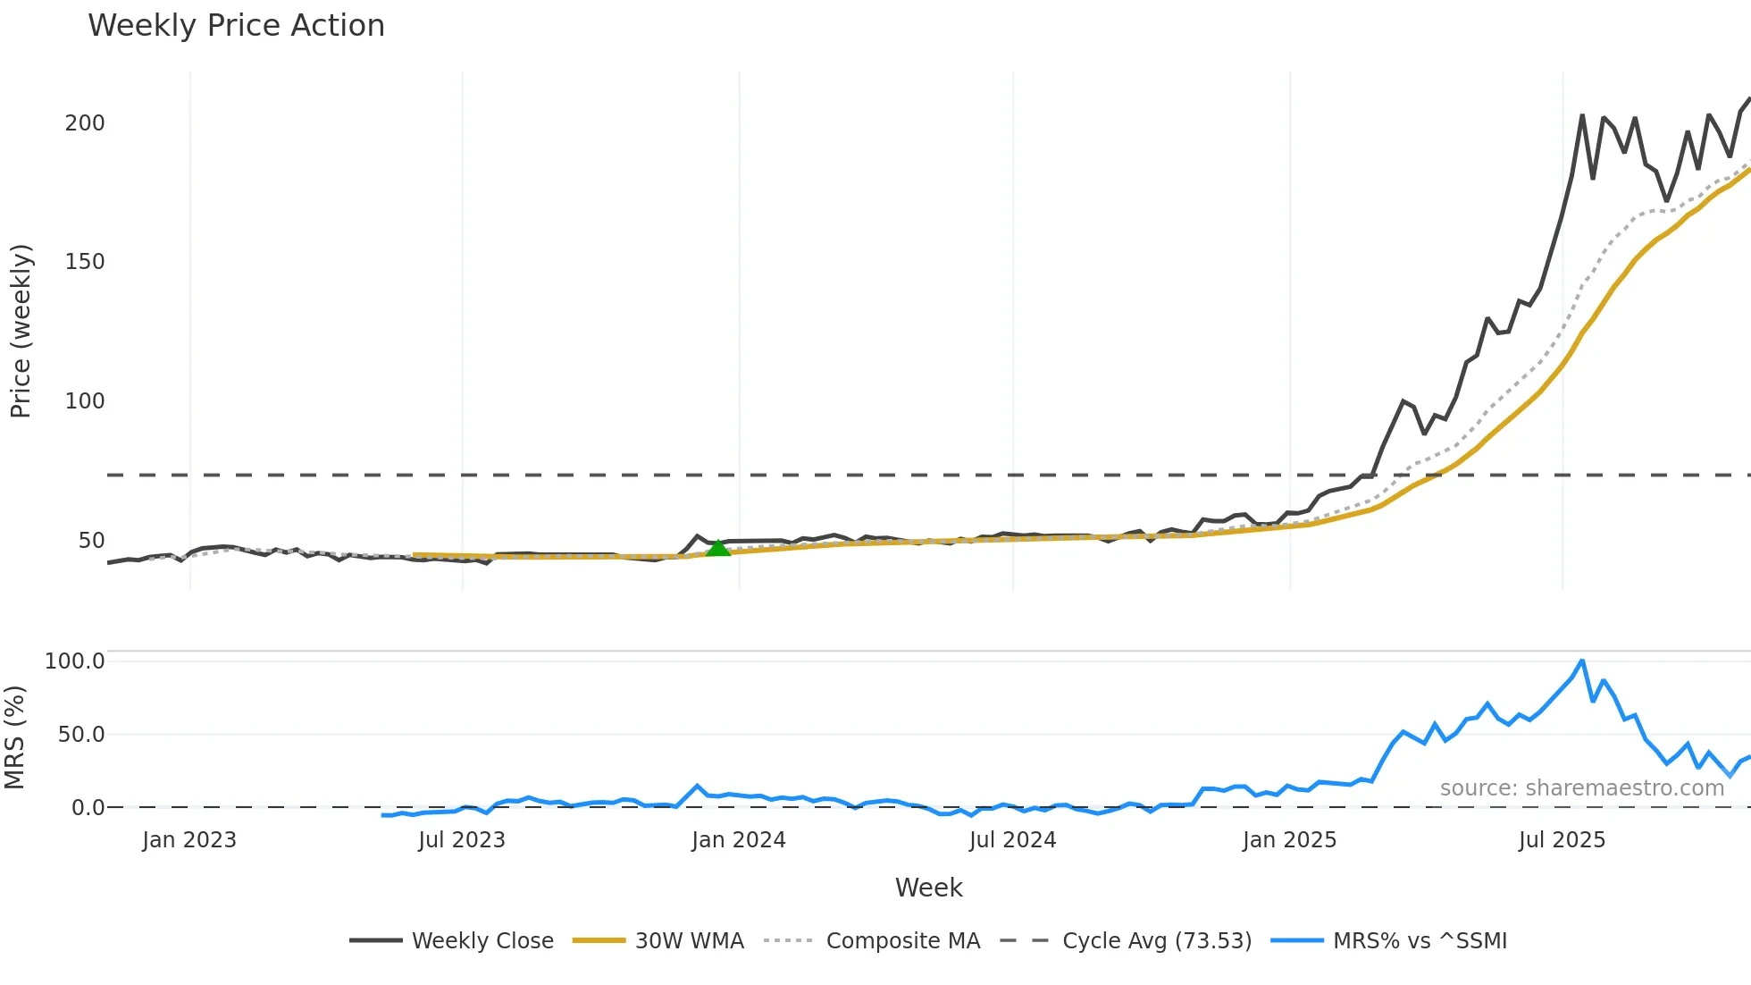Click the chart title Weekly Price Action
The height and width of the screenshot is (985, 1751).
pyautogui.click(x=236, y=26)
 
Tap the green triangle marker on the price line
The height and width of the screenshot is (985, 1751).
pyautogui.click(x=718, y=548)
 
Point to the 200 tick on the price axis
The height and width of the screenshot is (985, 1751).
pyautogui.click(x=85, y=123)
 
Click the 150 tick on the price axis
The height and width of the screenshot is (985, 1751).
pyautogui.click(x=85, y=262)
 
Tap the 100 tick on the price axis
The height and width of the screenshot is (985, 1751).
pyautogui.click(x=85, y=401)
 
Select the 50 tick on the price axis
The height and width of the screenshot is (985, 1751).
pyautogui.click(x=91, y=541)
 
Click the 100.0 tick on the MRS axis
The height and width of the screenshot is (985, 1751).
pyautogui.click(x=75, y=661)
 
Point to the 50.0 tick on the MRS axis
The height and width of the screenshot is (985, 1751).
pyautogui.click(x=81, y=735)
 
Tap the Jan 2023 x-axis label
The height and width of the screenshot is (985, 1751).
pyautogui.click(x=189, y=840)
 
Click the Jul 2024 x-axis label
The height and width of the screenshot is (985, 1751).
pyautogui.click(x=1013, y=840)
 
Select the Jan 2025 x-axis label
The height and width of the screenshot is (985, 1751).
pyautogui.click(x=1289, y=840)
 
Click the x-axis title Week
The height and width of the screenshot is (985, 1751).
pyautogui.click(x=928, y=888)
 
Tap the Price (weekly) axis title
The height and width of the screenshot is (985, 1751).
pyautogui.click(x=21, y=331)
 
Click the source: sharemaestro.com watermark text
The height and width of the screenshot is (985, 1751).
pyautogui.click(x=1581, y=788)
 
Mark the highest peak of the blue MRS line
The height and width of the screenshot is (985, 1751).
pyautogui.click(x=1582, y=661)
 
